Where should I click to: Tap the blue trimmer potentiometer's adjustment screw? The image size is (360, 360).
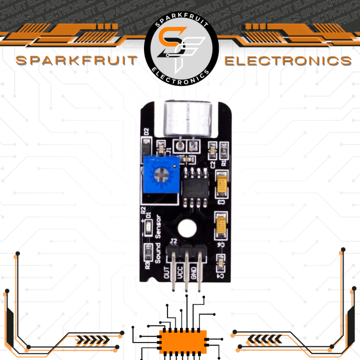(x=161, y=174)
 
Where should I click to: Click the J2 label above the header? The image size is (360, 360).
(x=173, y=242)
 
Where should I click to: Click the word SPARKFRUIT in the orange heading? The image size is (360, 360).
(x=76, y=61)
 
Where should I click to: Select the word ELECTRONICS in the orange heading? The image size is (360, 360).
(x=287, y=61)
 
